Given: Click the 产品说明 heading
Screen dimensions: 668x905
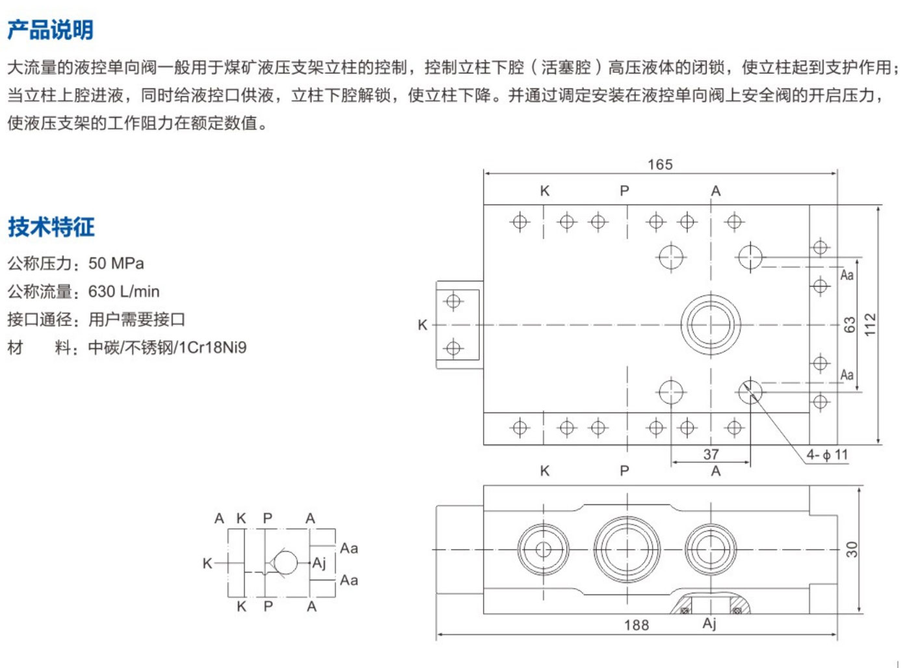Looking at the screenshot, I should pyautogui.click(x=50, y=29).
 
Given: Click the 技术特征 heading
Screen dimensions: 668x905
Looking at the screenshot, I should pyautogui.click(x=51, y=227).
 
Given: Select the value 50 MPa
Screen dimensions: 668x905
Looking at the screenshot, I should pyautogui.click(x=116, y=263).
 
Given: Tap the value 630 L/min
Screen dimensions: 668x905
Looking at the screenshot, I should pyautogui.click(x=124, y=291).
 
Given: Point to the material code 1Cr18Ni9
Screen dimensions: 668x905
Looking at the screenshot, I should pyautogui.click(x=213, y=347).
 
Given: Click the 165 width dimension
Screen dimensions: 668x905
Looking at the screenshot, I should pyautogui.click(x=659, y=164).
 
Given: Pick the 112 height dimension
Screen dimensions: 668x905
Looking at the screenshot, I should pyautogui.click(x=870, y=324).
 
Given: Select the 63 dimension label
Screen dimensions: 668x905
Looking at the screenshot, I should pyautogui.click(x=849, y=324).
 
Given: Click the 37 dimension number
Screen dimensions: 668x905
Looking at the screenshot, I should pyautogui.click(x=711, y=454).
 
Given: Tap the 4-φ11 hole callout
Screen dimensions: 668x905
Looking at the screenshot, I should pyautogui.click(x=827, y=455).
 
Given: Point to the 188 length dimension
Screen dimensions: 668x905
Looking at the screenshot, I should pyautogui.click(x=636, y=625).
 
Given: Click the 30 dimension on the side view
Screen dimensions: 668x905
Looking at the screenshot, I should pyautogui.click(x=852, y=549).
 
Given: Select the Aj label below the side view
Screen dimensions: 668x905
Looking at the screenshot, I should pyautogui.click(x=709, y=623).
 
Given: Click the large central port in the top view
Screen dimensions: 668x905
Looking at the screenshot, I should pyautogui.click(x=711, y=324).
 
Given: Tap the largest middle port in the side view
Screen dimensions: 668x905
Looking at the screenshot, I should pyautogui.click(x=627, y=549).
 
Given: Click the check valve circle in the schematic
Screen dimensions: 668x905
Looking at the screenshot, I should pyautogui.click(x=285, y=563).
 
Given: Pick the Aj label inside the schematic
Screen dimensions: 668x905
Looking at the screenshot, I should pyautogui.click(x=319, y=563).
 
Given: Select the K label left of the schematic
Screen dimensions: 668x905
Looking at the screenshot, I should pyautogui.click(x=207, y=563).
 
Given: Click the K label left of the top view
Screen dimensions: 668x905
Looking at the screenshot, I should pyautogui.click(x=422, y=324).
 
